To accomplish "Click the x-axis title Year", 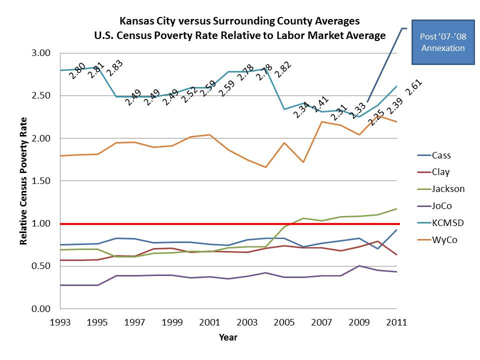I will (x=228, y=337).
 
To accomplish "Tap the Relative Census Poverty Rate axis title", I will (x=23, y=181).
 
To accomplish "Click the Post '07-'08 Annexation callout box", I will (x=442, y=42).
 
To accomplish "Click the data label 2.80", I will (x=77, y=71).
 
